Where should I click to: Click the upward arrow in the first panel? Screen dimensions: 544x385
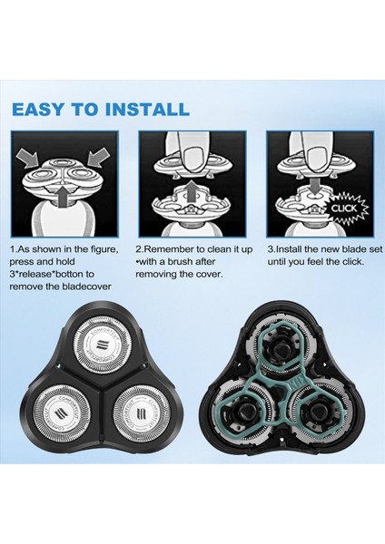[59, 193]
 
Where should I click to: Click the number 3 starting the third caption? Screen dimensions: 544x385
[270, 248]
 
